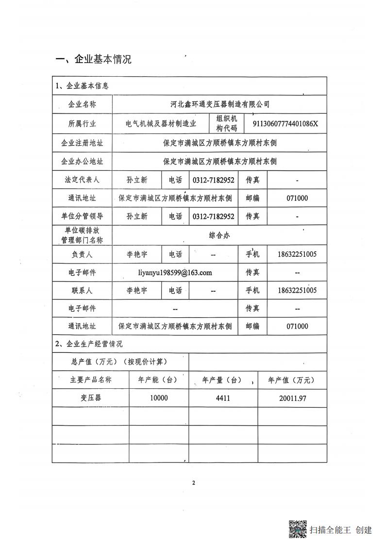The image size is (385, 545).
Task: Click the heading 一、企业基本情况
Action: [94, 59]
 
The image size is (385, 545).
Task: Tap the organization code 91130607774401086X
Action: [285, 124]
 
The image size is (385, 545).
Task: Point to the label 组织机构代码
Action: [227, 124]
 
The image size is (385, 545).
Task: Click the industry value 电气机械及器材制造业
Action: [161, 124]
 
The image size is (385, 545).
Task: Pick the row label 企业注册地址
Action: [82, 143]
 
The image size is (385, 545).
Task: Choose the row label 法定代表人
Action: [82, 180]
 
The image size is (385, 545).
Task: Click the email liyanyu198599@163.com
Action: [175, 272]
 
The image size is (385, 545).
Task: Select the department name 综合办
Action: [219, 235]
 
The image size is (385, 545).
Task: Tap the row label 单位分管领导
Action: [82, 216]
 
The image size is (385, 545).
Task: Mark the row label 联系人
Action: [82, 290]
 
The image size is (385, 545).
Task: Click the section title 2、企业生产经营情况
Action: [89, 344]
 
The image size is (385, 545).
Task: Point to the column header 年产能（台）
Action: [159, 380]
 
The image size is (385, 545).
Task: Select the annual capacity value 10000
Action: [159, 398]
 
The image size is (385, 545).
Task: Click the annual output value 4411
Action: [223, 398]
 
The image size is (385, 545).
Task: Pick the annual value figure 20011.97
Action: [292, 398]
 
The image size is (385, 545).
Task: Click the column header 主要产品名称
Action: [90, 380]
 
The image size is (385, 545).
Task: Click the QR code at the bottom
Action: [298, 529]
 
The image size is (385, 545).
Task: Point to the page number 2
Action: [193, 483]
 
